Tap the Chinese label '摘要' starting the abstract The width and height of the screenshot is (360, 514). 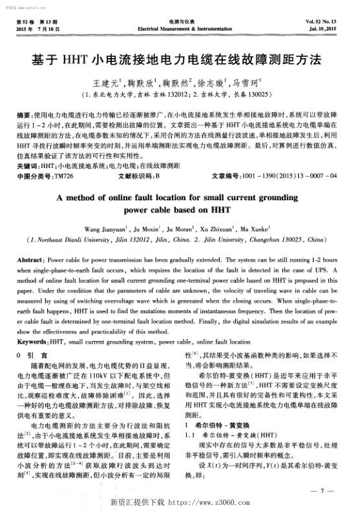point(23,112)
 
